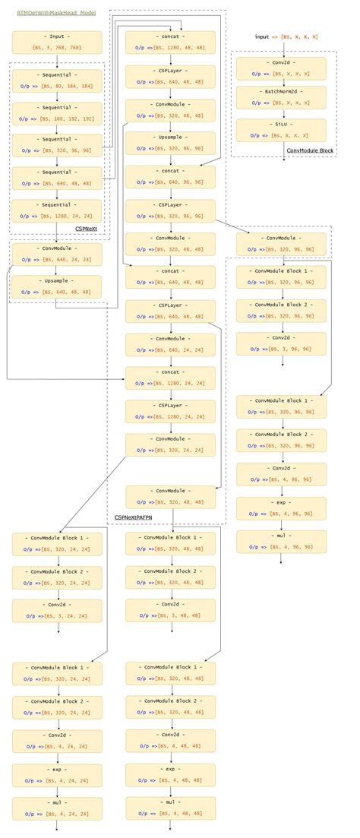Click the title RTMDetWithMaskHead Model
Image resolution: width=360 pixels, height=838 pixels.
coord(57,14)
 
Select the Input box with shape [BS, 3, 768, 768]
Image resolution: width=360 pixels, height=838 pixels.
coord(57,42)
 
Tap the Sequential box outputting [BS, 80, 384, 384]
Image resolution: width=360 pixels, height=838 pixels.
coord(57,80)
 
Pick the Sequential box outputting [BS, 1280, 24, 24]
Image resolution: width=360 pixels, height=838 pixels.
coord(57,210)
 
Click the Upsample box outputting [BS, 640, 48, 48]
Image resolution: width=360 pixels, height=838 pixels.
coord(57,286)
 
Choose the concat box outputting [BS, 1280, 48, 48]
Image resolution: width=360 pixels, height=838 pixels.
coord(170,42)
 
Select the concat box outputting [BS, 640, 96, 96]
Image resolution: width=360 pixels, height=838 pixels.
coord(170,177)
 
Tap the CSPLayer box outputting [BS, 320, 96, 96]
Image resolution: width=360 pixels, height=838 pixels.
coord(170,210)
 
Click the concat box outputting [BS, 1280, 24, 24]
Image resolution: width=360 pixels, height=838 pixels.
coord(170,378)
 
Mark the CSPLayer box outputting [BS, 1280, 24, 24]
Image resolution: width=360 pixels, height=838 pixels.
coord(170,411)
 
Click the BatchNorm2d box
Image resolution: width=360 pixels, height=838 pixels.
coord(281,97)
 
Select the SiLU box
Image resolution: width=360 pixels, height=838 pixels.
coord(281,130)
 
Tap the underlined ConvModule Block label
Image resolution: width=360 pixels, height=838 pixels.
coord(310,150)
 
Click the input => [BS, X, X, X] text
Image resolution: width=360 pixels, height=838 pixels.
coord(286,36)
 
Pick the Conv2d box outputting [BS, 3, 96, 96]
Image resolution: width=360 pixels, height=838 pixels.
coord(281,344)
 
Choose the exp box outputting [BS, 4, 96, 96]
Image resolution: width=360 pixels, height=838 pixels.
coord(281,508)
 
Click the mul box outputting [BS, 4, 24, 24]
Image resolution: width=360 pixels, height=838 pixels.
coord(57,808)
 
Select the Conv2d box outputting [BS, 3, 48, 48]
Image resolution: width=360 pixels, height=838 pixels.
coord(170,610)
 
